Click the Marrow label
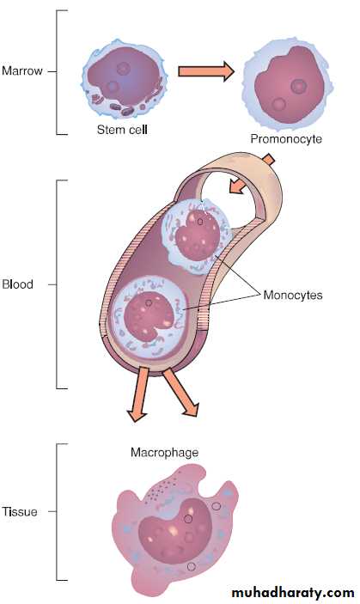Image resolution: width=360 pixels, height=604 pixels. (x=22, y=70)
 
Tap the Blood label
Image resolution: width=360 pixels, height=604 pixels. (x=18, y=284)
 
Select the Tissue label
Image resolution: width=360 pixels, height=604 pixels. (x=20, y=511)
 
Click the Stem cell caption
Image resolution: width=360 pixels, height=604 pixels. (x=122, y=130)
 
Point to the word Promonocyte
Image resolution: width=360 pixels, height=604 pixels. (x=286, y=138)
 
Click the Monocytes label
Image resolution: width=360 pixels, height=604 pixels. (x=293, y=295)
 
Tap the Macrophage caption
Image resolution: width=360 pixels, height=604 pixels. (x=164, y=452)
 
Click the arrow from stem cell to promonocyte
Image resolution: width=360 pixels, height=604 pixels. (x=206, y=71)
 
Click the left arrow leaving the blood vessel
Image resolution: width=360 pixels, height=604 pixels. (x=139, y=394)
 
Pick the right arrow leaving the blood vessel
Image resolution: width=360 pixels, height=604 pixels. (x=181, y=393)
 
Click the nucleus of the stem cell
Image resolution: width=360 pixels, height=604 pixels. (x=123, y=80)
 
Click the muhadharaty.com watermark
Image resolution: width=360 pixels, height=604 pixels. (x=293, y=592)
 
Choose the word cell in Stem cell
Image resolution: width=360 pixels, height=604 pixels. (x=137, y=130)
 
